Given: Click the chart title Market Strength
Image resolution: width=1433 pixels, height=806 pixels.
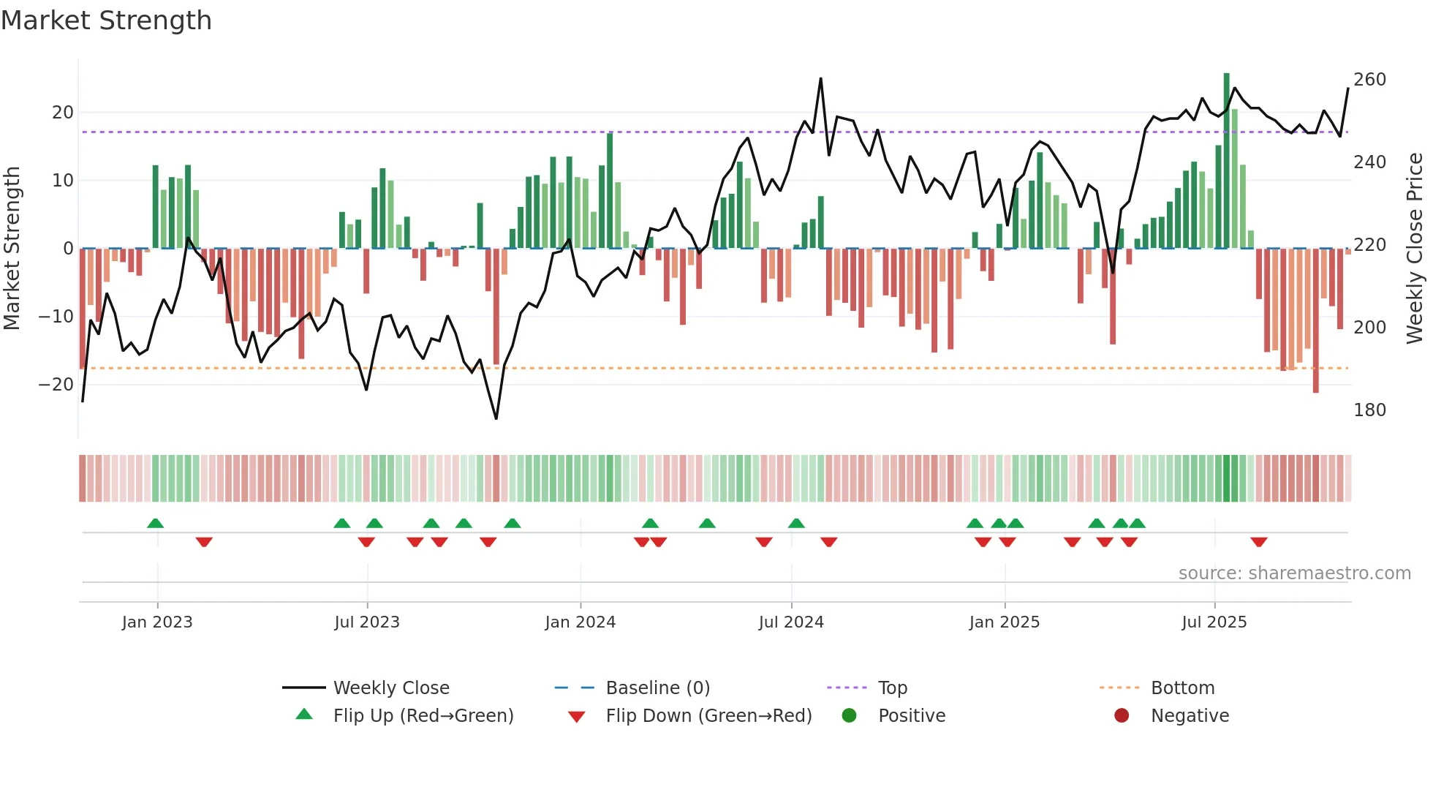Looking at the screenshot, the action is pyautogui.click(x=106, y=20).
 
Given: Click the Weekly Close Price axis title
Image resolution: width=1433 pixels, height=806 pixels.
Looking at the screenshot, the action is pyautogui.click(x=1415, y=249).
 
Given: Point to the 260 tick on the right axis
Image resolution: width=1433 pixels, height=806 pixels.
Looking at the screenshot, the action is pyautogui.click(x=1369, y=80).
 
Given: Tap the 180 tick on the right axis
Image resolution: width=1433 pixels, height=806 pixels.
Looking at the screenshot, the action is pyautogui.click(x=1369, y=410).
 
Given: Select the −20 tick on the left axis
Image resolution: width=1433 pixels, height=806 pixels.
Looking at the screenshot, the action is pyautogui.click(x=56, y=385).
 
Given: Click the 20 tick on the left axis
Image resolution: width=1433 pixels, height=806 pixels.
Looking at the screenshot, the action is pyautogui.click(x=62, y=113).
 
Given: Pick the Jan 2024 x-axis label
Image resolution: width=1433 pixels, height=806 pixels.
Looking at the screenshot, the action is pyautogui.click(x=580, y=622).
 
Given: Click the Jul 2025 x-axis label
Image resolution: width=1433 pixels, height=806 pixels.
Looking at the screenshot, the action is pyautogui.click(x=1214, y=622).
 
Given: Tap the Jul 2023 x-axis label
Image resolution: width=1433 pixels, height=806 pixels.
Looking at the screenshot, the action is pyautogui.click(x=366, y=622).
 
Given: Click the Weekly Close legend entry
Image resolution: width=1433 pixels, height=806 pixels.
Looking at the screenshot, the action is pyautogui.click(x=391, y=688).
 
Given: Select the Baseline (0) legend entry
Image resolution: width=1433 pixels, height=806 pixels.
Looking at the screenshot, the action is pyautogui.click(x=657, y=688).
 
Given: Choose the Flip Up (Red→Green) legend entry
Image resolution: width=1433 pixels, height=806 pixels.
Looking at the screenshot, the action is pyautogui.click(x=423, y=716).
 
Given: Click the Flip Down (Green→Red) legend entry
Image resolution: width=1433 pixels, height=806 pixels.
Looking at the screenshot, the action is pyautogui.click(x=708, y=716).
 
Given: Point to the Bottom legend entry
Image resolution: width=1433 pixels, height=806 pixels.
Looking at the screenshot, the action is pyautogui.click(x=1182, y=688).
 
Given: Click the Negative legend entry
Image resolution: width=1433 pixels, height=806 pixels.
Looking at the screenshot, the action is pyautogui.click(x=1190, y=716).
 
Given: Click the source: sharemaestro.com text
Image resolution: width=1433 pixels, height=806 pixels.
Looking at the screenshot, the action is pyautogui.click(x=1294, y=573).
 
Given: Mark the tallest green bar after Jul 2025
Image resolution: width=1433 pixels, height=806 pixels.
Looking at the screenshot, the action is pyautogui.click(x=1226, y=161).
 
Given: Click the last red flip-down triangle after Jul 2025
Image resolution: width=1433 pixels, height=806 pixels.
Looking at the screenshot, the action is pyautogui.click(x=1258, y=542).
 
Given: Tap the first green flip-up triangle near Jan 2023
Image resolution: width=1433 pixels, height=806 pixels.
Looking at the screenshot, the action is pyautogui.click(x=155, y=523).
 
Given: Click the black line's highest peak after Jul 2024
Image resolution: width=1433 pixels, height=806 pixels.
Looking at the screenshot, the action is pyautogui.click(x=820, y=79).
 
